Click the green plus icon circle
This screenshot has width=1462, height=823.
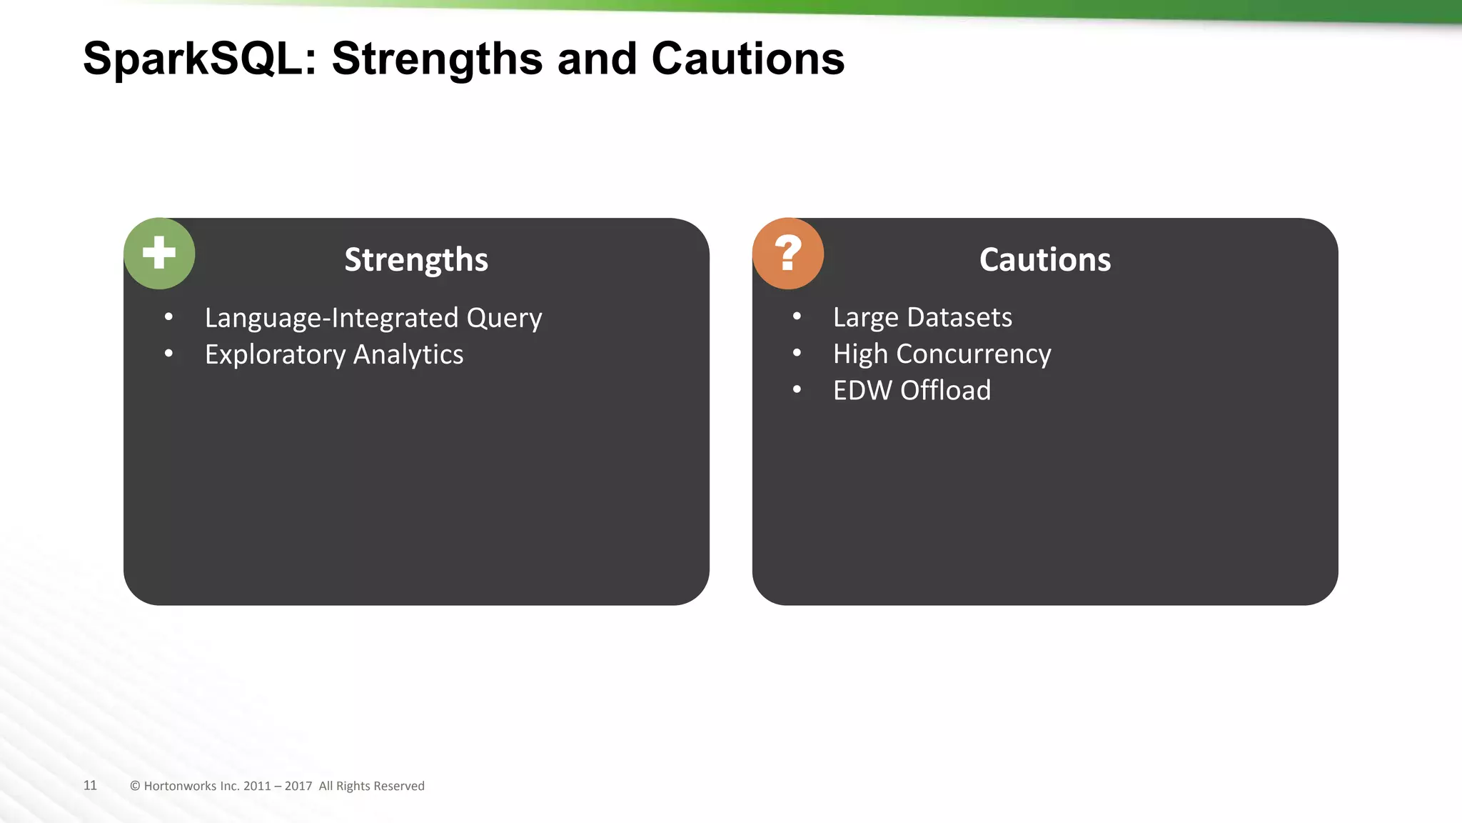pos(159,254)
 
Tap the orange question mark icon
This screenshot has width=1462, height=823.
pos(788,254)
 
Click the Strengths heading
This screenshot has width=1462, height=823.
pos(416,259)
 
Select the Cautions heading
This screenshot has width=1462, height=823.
pos(1045,259)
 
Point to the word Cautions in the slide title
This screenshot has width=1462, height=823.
pos(748,59)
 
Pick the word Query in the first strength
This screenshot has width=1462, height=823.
pos(504,319)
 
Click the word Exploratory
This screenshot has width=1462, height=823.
pos(276,355)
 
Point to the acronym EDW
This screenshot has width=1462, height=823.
pos(862,391)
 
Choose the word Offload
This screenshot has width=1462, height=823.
pos(946,391)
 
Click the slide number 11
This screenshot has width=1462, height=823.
pos(90,785)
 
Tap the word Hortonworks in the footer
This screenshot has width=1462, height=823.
pos(180,786)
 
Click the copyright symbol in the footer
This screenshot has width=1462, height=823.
pos(135,786)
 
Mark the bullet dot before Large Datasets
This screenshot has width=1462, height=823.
pos(797,316)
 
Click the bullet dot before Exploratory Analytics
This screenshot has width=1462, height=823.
pos(168,353)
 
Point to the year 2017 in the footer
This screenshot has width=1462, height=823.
pos(298,786)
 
